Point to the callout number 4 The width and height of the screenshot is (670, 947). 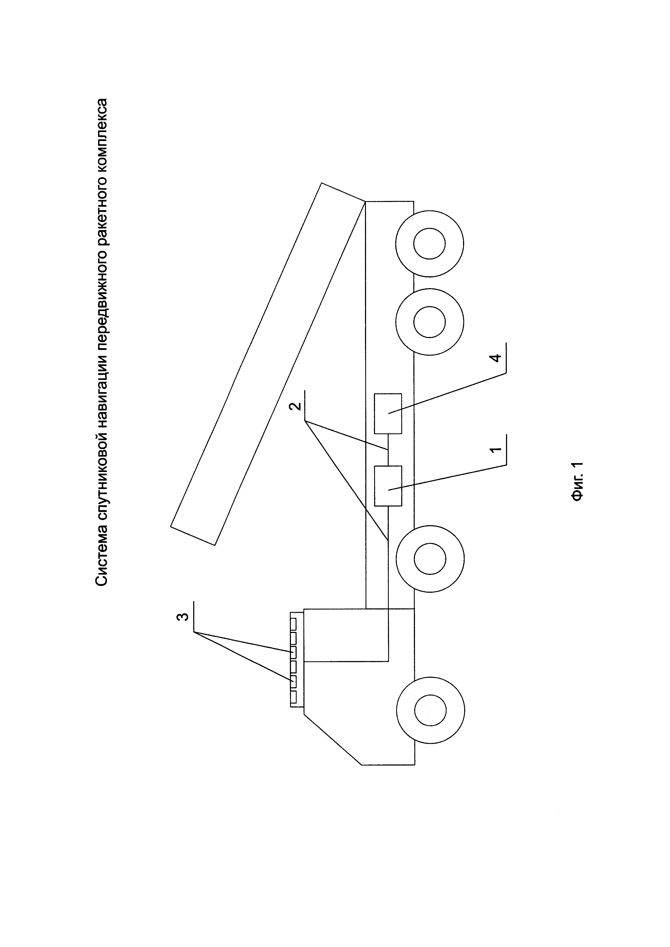496,358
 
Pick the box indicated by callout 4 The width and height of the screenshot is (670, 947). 388,413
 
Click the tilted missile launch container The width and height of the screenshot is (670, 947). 268,363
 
